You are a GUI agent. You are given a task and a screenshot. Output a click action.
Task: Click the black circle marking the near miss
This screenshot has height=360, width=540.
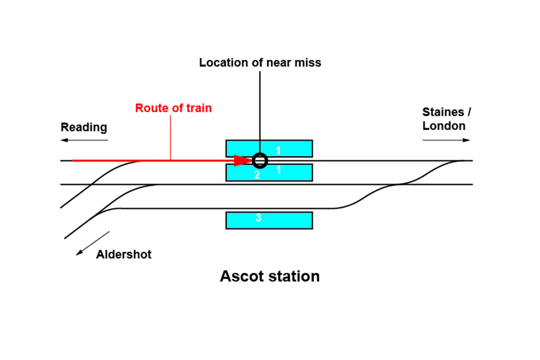click(259, 160)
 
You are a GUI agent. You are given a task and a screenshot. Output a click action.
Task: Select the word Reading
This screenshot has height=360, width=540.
click(84, 127)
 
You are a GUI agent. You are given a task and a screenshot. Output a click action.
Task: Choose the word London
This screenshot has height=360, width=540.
click(444, 125)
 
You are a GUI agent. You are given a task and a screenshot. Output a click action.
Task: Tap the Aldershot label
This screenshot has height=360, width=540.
click(124, 254)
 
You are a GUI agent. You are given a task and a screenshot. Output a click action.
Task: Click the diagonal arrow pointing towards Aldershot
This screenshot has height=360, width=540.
click(93, 243)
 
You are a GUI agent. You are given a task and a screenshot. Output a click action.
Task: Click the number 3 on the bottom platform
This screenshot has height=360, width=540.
click(258, 218)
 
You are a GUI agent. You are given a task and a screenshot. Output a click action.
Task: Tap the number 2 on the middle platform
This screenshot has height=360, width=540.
click(257, 175)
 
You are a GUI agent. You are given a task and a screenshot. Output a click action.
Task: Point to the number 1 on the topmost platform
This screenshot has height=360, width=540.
click(277, 150)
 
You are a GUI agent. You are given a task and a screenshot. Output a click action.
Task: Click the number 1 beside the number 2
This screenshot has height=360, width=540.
click(277, 170)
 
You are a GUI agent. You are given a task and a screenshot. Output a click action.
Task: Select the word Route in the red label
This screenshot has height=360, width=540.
click(150, 107)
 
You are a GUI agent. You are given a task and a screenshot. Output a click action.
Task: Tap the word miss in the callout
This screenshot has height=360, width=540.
click(309, 62)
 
